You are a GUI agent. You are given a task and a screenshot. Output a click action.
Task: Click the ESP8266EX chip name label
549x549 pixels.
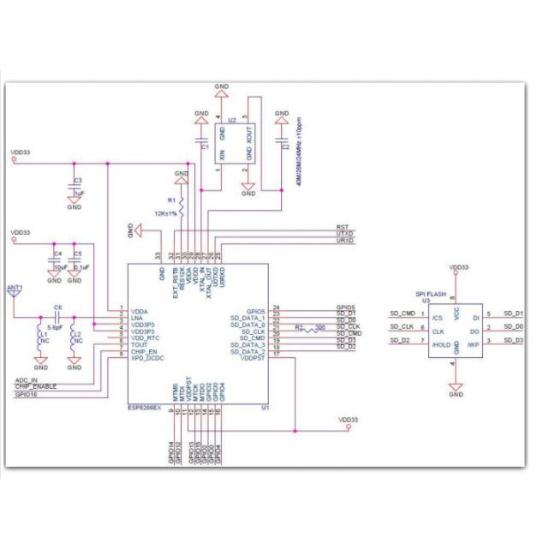pos(146,409)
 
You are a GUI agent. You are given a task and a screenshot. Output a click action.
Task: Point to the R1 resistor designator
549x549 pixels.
pos(171,200)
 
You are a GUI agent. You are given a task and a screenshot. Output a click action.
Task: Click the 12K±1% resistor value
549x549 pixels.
pos(165,213)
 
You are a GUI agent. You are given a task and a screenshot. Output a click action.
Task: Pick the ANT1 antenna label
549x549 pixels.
pos(14,287)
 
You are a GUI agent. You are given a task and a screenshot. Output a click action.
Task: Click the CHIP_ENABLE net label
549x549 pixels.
pos(35,387)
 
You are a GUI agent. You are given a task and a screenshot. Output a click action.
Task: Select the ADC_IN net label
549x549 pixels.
pos(27,379)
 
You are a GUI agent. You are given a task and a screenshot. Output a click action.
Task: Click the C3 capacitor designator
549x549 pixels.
pos(77,181)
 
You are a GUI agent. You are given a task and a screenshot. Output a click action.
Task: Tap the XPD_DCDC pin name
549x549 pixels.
pos(146,357)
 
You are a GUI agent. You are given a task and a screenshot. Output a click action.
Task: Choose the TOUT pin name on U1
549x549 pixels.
pos(138,343)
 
